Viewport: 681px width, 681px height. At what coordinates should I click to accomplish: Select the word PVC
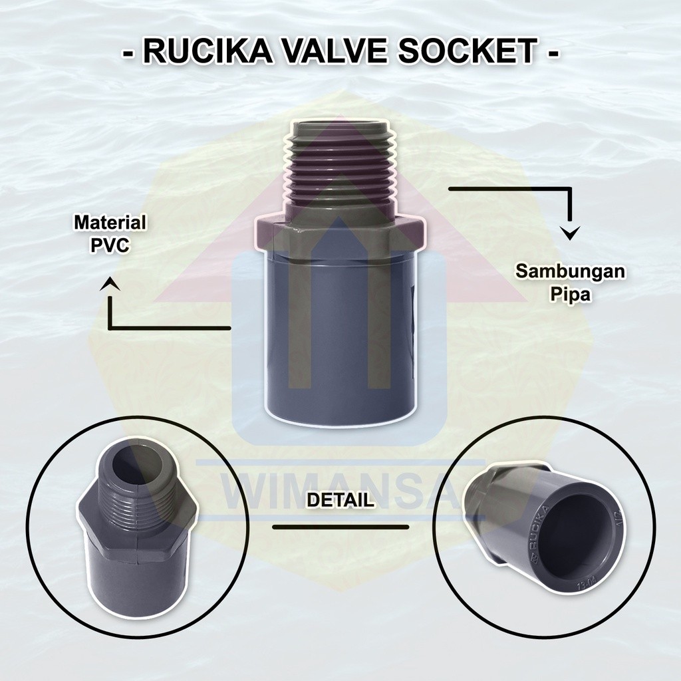(x=110, y=245)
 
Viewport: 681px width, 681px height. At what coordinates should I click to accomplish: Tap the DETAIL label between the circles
(x=340, y=499)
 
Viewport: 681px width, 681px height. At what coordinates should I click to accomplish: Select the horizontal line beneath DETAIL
(x=340, y=527)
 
